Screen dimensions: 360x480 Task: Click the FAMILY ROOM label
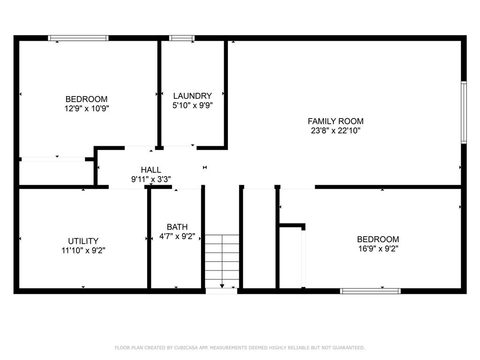335,121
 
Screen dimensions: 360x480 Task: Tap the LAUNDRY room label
192,96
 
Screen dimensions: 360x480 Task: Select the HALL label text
151,170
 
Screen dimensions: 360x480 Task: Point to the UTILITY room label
83,241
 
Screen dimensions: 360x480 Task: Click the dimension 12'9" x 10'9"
86,108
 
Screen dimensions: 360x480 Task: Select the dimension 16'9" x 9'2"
378,248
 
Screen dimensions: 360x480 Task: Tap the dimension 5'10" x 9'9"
192,105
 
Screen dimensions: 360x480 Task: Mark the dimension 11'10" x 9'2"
83,250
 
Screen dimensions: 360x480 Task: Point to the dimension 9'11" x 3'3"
151,179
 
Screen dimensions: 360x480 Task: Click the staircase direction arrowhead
222,285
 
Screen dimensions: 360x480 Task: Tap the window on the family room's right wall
464,112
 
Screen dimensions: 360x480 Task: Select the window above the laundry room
182,38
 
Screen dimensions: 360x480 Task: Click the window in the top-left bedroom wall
78,38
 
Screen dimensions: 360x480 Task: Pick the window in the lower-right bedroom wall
370,291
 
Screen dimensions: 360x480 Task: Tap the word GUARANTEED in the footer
347,348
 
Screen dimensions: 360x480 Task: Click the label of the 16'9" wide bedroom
378,239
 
